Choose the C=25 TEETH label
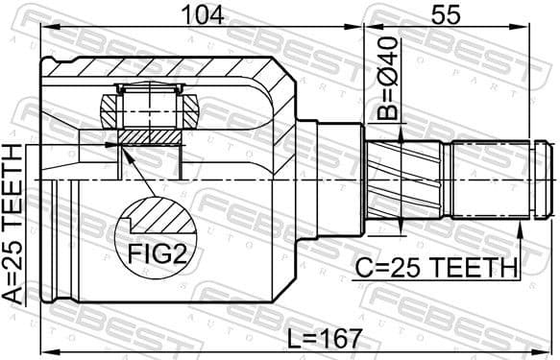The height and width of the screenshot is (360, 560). coord(435,266)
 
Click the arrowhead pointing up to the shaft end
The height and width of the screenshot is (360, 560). coord(522,226)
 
